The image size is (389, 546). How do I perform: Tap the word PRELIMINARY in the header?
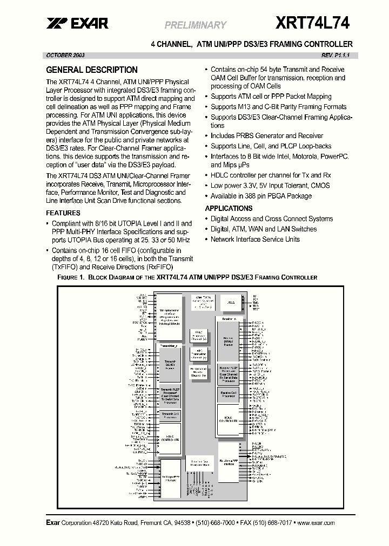[195, 25]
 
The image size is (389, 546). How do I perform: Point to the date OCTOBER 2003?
[65, 56]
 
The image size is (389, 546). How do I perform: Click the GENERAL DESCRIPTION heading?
[92, 70]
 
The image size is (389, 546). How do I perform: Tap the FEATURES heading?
[63, 213]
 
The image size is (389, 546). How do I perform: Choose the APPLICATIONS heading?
[229, 208]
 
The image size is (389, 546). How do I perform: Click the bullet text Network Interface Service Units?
[255, 239]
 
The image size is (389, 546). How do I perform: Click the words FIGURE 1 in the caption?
[71, 277]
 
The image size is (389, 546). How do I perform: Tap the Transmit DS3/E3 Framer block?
[169, 364]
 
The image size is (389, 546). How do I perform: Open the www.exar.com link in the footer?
[316, 523]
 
